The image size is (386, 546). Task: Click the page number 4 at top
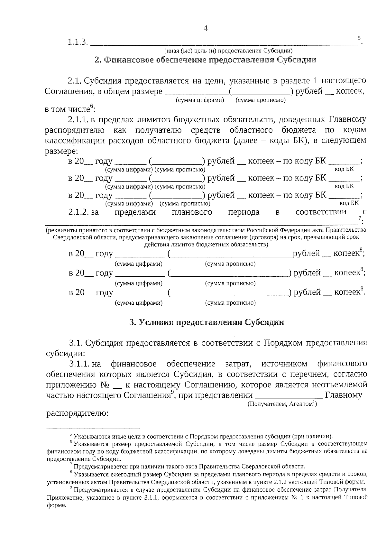click(206, 28)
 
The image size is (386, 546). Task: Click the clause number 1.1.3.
click(78, 42)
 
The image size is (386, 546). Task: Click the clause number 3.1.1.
click(78, 364)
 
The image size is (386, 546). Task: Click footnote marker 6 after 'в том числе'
click(91, 106)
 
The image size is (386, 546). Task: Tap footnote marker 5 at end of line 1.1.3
click(359, 38)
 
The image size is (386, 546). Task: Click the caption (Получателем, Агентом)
click(282, 404)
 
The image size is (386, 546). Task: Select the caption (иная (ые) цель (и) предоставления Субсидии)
click(228, 51)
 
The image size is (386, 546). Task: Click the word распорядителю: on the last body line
click(77, 413)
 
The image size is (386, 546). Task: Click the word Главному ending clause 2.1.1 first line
click(347, 120)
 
